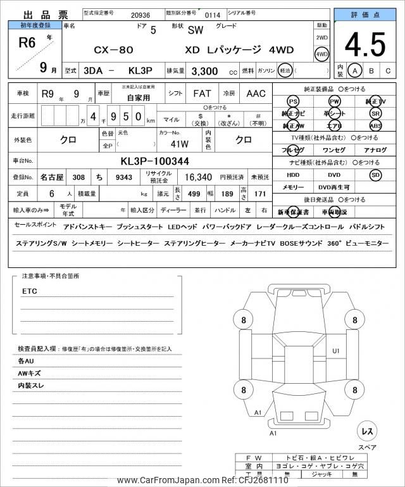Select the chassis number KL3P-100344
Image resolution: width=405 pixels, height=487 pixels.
pyautogui.click(x=154, y=161)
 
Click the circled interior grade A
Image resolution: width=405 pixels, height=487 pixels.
pyautogui.click(x=355, y=70)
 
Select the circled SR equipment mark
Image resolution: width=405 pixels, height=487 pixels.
pyautogui.click(x=376, y=113)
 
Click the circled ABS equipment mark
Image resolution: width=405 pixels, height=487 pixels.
pyautogui.click(x=376, y=125)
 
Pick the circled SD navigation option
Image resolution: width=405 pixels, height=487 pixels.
pyautogui.click(x=376, y=175)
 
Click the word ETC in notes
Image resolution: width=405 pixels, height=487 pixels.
pyautogui.click(x=30, y=291)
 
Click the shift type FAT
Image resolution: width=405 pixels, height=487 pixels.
pyautogui.click(x=202, y=94)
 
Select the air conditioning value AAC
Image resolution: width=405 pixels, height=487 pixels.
pyautogui.click(x=256, y=94)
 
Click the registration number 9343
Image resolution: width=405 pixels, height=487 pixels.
pyautogui.click(x=123, y=178)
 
